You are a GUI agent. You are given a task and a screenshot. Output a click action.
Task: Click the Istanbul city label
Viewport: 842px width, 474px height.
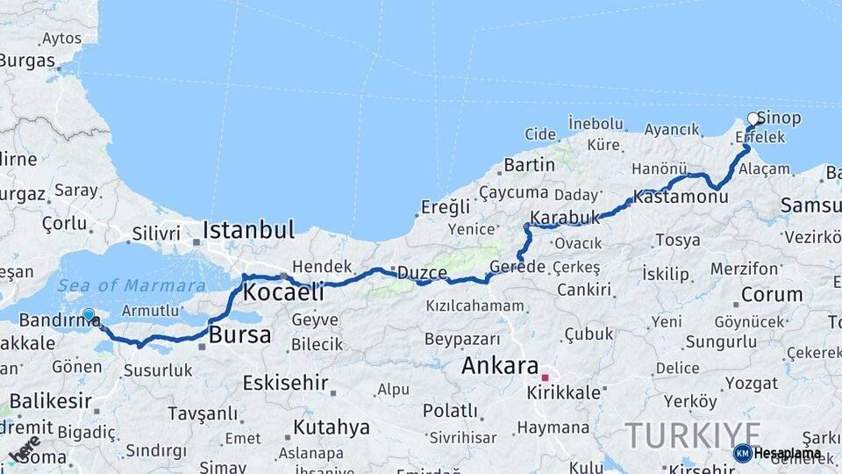(x=248, y=231)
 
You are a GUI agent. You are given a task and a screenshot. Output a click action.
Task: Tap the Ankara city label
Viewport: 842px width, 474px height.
(x=499, y=366)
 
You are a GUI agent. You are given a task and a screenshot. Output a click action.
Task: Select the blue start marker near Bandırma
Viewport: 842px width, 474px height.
(x=88, y=315)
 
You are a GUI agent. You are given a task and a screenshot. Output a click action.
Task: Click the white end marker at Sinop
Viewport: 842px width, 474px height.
(x=753, y=118)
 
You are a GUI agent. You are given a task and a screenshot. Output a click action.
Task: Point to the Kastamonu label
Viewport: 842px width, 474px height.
(x=681, y=198)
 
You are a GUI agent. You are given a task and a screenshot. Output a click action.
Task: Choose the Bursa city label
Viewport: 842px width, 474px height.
(x=239, y=335)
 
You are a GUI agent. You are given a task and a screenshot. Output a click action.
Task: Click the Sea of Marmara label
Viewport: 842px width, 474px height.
(x=132, y=285)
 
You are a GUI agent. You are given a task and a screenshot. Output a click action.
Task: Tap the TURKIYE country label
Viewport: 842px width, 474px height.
(x=693, y=434)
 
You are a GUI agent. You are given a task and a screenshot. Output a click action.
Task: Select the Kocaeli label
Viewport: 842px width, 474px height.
(x=283, y=291)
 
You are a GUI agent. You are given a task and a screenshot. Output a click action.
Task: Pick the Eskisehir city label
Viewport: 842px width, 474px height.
(x=285, y=383)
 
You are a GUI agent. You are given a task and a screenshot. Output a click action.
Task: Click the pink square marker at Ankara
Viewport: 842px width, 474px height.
(x=545, y=377)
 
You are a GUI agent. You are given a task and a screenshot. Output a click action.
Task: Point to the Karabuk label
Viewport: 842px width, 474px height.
(x=565, y=217)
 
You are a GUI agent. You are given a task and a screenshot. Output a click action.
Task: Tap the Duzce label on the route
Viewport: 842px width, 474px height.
(x=422, y=272)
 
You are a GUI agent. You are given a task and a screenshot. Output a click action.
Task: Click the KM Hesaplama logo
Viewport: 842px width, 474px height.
(x=777, y=453)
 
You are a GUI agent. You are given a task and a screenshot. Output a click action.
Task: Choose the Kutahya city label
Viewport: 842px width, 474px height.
(x=331, y=427)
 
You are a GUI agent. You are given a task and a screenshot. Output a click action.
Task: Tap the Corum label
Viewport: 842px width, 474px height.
(x=772, y=294)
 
